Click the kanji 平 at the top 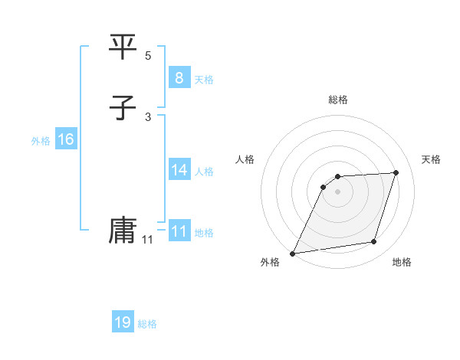point(123,48)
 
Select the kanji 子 point(123,108)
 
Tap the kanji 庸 point(123,231)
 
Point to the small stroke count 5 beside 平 point(148,56)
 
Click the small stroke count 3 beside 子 point(148,116)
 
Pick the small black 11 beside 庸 point(147,240)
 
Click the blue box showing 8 point(179,78)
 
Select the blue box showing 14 point(179,170)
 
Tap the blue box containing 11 point(179,231)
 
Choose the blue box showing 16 point(65,139)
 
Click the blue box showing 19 point(123,322)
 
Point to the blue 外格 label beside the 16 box point(41,141)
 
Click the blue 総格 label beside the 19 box point(147,324)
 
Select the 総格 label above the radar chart point(337,100)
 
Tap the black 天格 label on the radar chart point(431,159)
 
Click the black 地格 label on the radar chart point(402,263)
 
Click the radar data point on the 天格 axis point(396,173)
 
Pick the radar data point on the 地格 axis point(374,242)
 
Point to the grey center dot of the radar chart point(337,191)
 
